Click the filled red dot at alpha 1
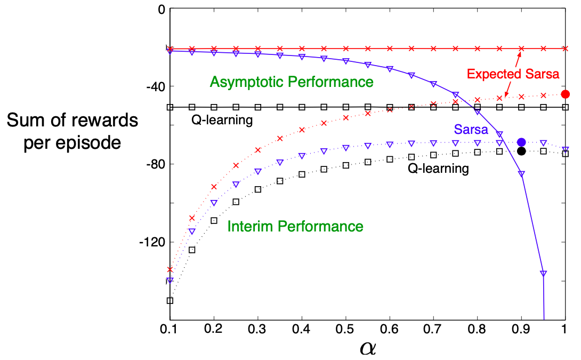click(566, 94)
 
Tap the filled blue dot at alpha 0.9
click(521, 142)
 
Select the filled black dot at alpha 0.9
click(521, 151)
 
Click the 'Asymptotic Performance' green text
click(292, 82)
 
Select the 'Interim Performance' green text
click(295, 226)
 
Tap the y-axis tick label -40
click(152, 86)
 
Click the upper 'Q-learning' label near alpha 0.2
click(222, 120)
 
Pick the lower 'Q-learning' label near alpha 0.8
click(438, 169)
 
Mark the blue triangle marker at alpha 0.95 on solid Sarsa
click(543, 273)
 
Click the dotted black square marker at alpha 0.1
click(170, 300)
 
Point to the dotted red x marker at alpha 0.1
click(170, 269)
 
